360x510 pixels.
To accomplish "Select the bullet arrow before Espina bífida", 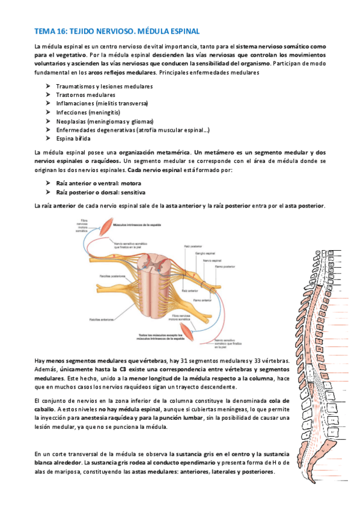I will point(47,138).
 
